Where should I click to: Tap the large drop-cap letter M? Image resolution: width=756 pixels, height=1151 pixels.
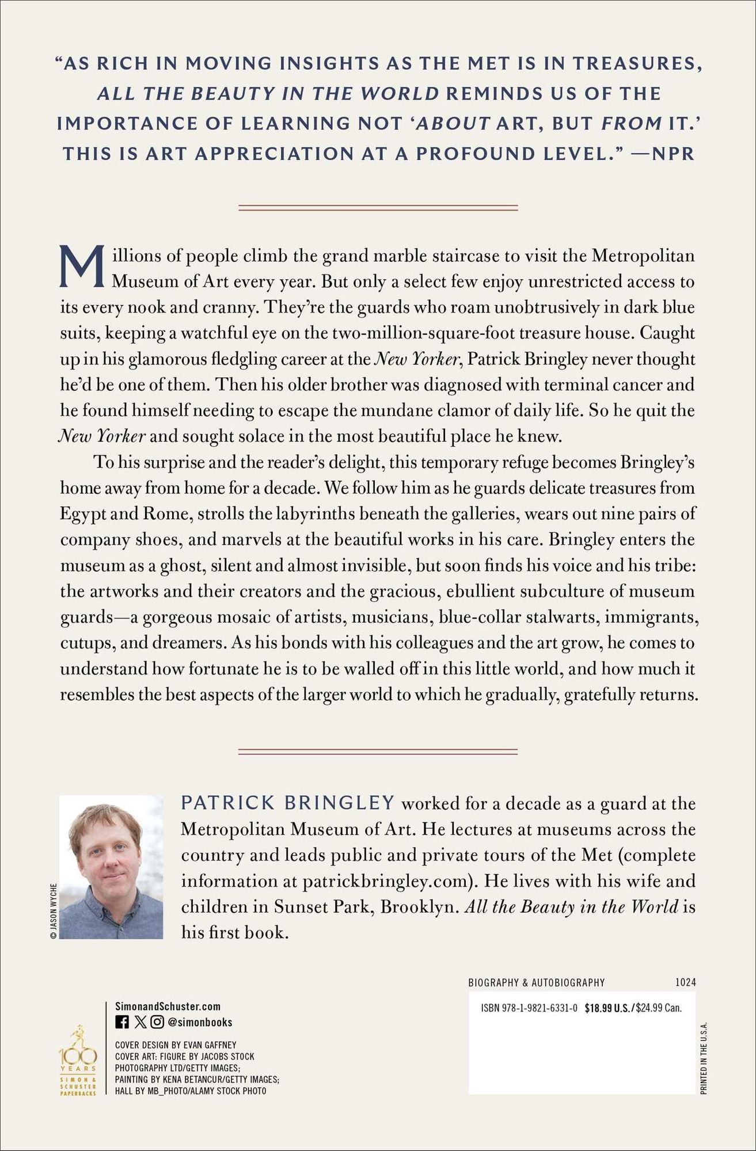[83, 268]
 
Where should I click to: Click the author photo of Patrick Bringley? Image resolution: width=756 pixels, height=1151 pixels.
[111, 867]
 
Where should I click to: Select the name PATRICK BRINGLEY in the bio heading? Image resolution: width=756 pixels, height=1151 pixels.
[288, 803]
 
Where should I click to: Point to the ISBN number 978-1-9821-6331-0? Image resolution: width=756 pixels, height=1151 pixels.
[529, 1008]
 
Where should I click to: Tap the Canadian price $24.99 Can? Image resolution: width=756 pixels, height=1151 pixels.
[659, 1008]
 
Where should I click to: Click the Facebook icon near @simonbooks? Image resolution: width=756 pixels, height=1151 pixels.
[122, 1022]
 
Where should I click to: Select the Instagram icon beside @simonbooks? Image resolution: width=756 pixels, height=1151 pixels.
[157, 1022]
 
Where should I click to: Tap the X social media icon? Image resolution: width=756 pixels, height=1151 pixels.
[140, 1022]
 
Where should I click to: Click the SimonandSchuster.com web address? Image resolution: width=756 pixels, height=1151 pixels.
[168, 1007]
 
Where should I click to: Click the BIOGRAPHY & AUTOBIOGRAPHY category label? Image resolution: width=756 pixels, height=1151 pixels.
[537, 982]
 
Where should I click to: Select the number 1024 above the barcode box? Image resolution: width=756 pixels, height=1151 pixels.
[685, 982]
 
